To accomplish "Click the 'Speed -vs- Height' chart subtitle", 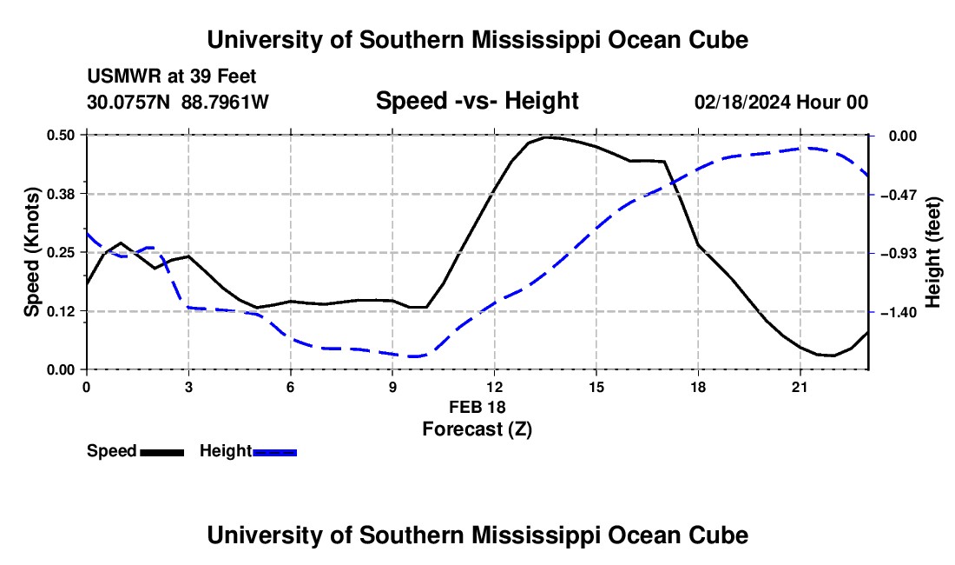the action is tap(477, 101).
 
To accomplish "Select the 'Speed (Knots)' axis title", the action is tap(31, 252).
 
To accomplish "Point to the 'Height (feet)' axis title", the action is tap(932, 252).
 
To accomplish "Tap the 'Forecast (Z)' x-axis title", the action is tap(477, 429).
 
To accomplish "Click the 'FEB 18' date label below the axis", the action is tap(477, 407).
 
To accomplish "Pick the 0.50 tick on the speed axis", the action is tap(61, 135).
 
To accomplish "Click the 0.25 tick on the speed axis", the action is tap(61, 252).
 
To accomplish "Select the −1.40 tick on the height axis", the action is tap(899, 313).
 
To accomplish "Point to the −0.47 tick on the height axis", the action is tap(899, 195).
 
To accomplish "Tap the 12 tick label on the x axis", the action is tap(495, 387).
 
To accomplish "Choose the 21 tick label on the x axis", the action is tap(800, 387).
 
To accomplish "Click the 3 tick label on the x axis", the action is tap(188, 387).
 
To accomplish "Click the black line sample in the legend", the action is tap(162, 452).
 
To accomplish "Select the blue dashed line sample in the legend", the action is tap(274, 452).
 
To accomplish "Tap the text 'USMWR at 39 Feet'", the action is tap(172, 76).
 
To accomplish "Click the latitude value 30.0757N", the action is tap(128, 102).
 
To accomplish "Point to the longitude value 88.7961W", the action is tap(225, 102).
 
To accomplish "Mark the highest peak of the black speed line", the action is tap(546, 137).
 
